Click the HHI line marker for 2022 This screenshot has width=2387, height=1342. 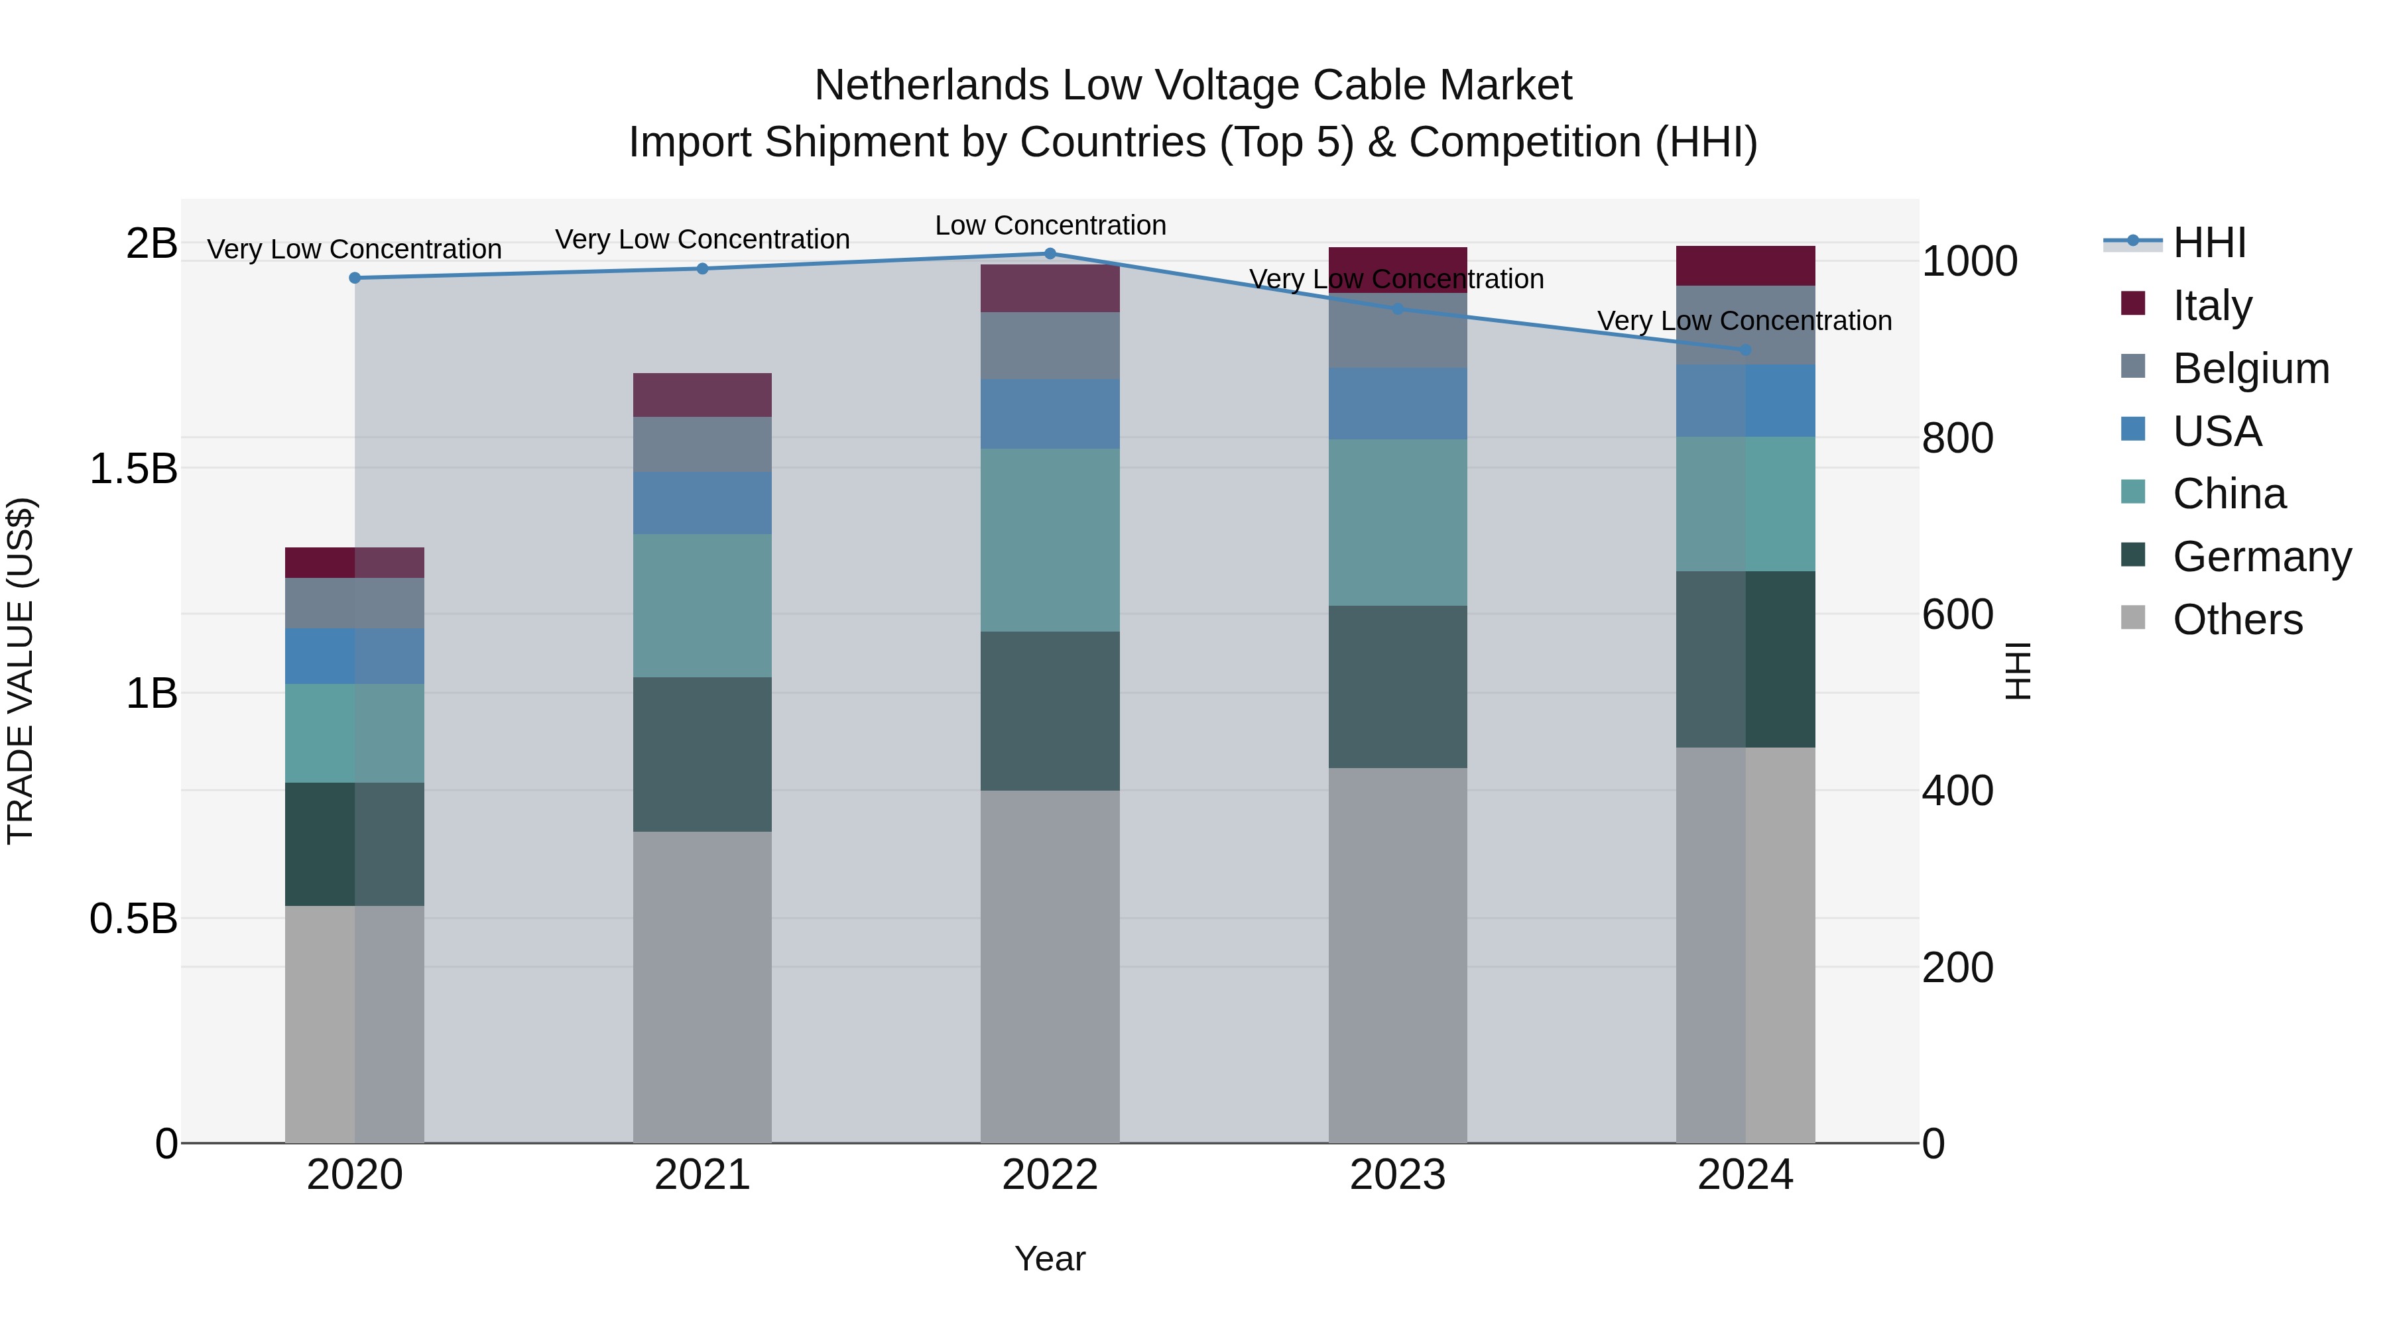pos(1050,254)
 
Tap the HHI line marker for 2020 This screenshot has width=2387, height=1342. pos(355,278)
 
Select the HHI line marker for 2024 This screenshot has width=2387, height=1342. pos(1746,350)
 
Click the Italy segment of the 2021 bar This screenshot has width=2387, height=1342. pos(702,396)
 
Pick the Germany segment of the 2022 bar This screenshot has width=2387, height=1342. pos(1050,711)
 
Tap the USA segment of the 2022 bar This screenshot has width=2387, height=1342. pos(1050,414)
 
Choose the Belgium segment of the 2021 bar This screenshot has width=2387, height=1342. pos(702,445)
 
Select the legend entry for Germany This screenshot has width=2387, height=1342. pos(2261,557)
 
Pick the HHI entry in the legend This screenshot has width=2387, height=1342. pos(2209,243)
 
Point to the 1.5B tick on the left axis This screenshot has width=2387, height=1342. pos(133,469)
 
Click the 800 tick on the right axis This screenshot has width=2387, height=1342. pos(1957,438)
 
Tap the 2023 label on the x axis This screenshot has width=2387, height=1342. pos(1397,1175)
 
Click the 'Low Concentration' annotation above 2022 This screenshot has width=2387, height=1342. pos(1050,225)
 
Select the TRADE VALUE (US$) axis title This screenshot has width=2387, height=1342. pos(21,671)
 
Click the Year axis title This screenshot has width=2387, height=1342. pos(1050,1258)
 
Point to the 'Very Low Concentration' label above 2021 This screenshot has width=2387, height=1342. pos(702,239)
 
